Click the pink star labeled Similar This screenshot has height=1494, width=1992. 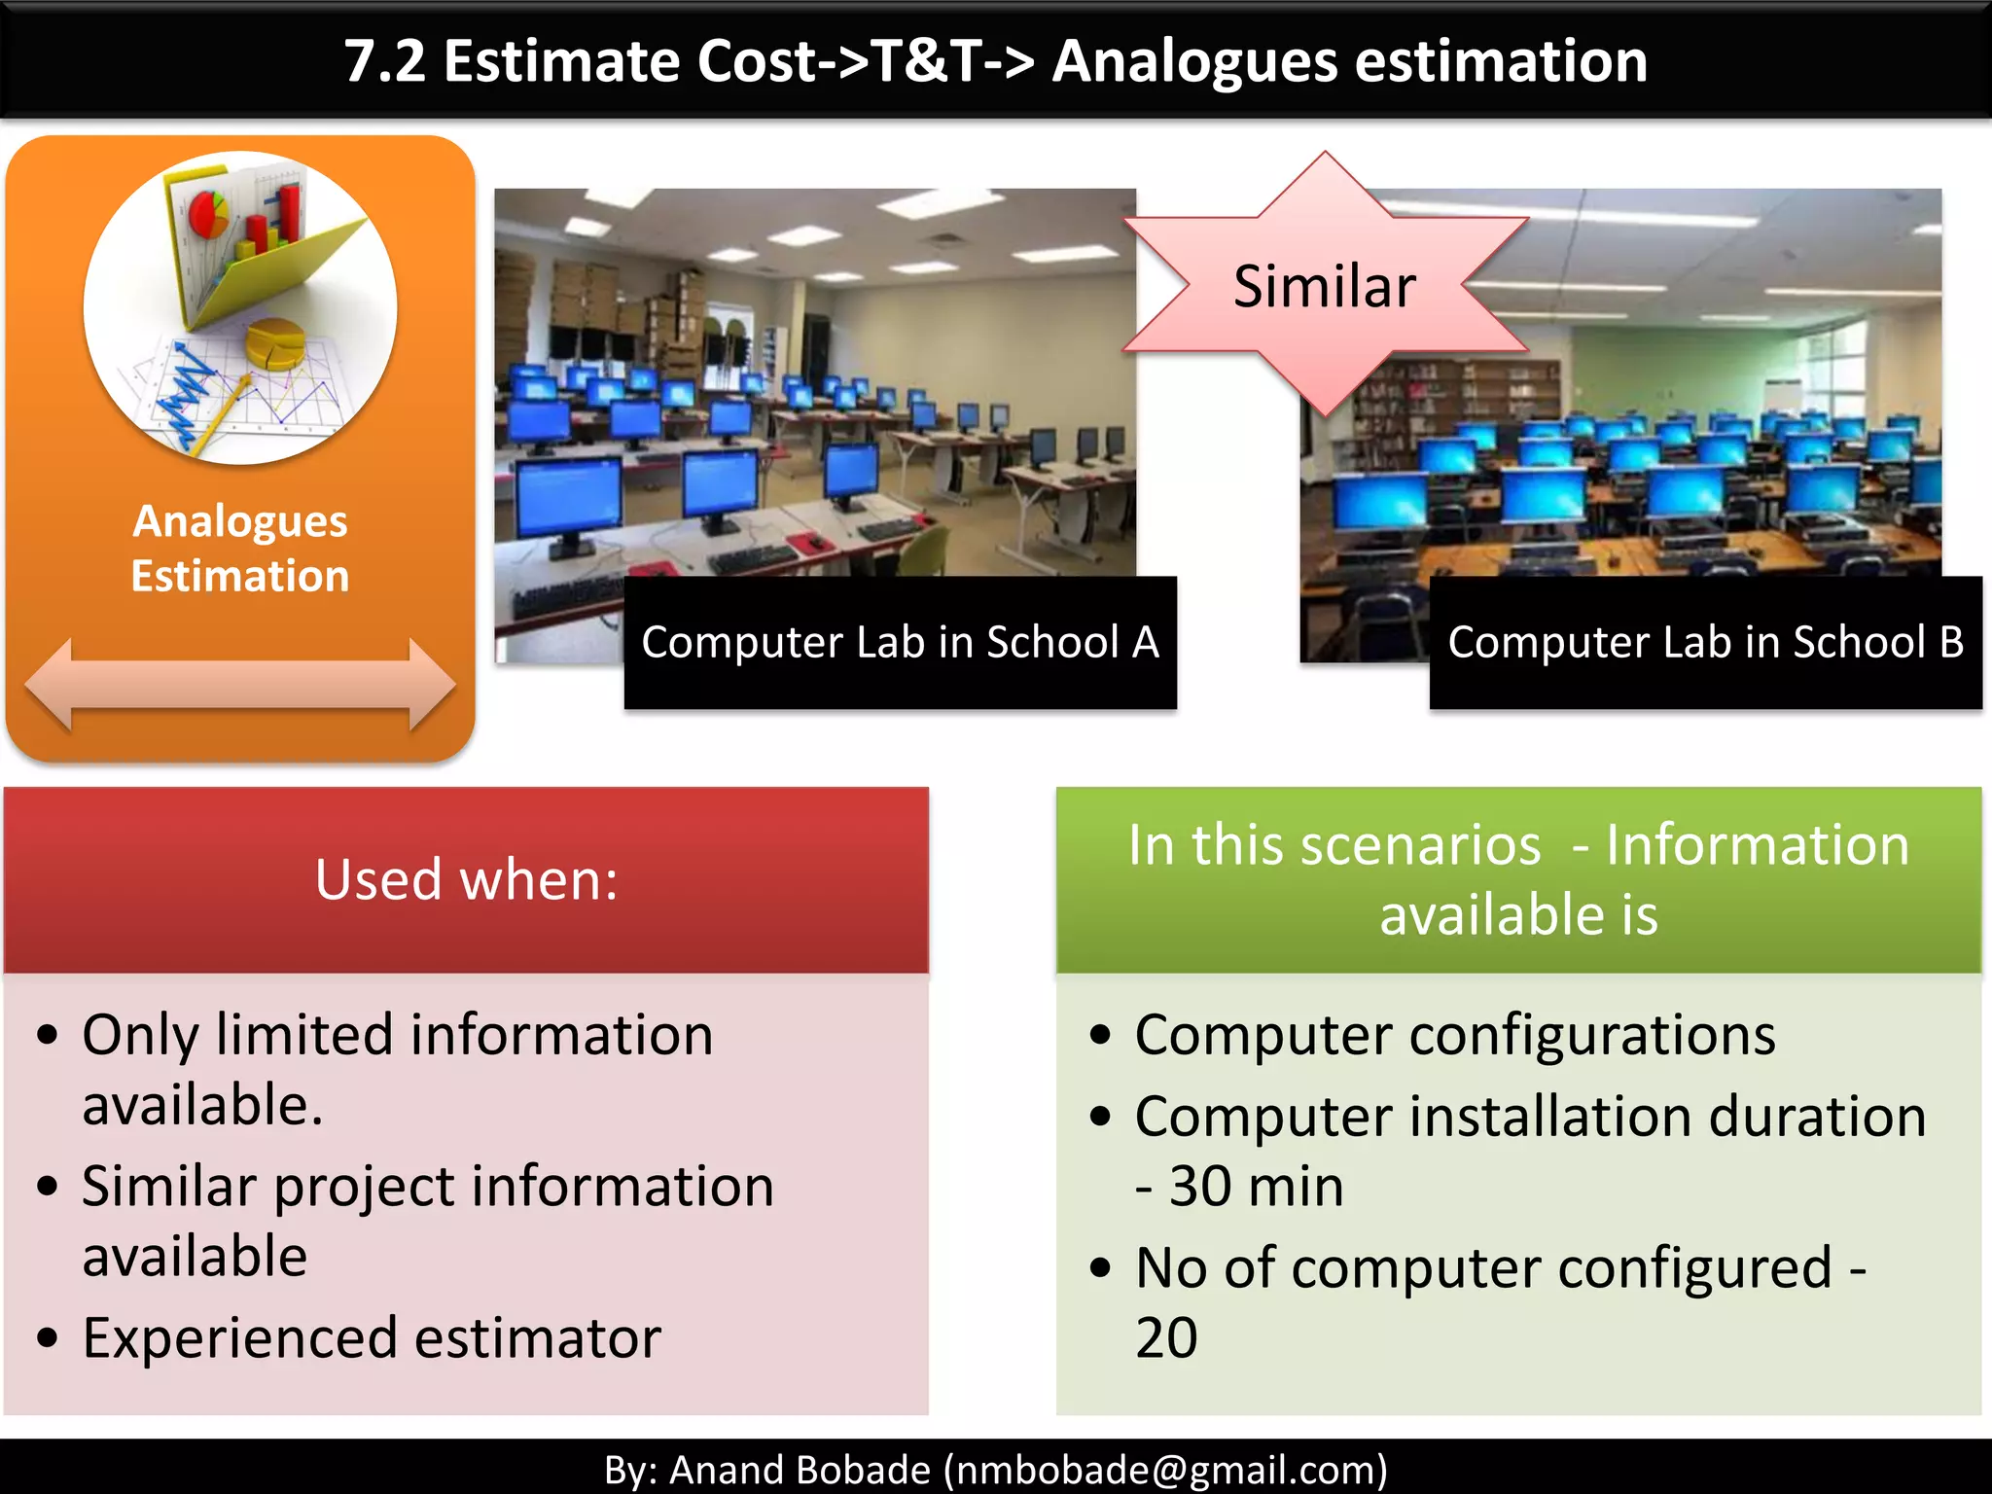click(1325, 286)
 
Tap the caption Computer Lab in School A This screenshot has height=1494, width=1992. click(900, 643)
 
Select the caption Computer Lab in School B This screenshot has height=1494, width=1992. click(1705, 643)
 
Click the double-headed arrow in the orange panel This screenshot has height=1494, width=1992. click(240, 685)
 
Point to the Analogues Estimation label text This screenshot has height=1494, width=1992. click(240, 549)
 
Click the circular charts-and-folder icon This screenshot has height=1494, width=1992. click(240, 307)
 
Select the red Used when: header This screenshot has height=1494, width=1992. click(466, 880)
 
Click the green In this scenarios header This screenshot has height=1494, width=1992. click(1518, 880)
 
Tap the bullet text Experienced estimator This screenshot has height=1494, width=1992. click(372, 1338)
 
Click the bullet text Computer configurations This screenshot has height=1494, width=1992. click(1454, 1035)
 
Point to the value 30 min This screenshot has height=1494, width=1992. click(1257, 1188)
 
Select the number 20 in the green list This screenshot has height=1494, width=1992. click(1166, 1338)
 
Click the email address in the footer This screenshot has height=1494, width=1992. click(1167, 1469)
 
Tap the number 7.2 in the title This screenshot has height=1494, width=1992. click(385, 61)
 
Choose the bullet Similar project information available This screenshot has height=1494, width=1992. click(428, 1220)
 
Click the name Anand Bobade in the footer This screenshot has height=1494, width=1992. click(800, 1469)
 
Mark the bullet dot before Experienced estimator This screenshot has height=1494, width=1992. click(48, 1338)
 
